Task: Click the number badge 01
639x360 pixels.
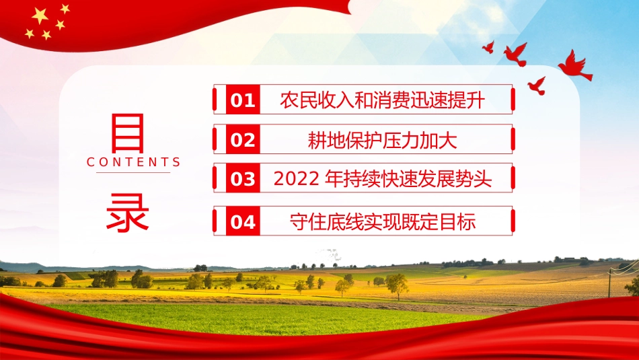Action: pyautogui.click(x=243, y=101)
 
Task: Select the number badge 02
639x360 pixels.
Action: pyautogui.click(x=243, y=140)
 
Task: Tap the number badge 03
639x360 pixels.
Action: pyautogui.click(x=243, y=180)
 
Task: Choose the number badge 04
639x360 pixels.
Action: pyautogui.click(x=243, y=221)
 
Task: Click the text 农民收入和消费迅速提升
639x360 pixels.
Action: pyautogui.click(x=382, y=101)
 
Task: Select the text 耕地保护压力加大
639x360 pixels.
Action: pyautogui.click(x=382, y=140)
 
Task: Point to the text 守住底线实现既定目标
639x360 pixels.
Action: pyautogui.click(x=382, y=221)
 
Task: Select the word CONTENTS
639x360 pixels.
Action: pyautogui.click(x=134, y=162)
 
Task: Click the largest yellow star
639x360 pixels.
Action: pyautogui.click(x=40, y=15)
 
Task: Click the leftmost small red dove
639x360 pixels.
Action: pyautogui.click(x=488, y=46)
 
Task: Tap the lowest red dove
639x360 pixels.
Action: pyautogui.click(x=537, y=85)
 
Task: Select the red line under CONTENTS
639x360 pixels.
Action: pyautogui.click(x=133, y=173)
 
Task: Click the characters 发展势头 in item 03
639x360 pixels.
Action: pyautogui.click(x=465, y=180)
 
